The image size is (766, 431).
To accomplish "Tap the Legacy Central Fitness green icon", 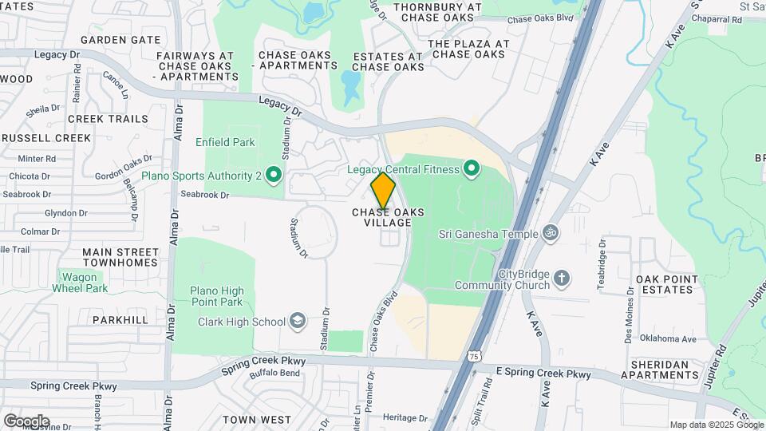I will coord(471,168).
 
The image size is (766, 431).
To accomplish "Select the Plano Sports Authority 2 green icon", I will coord(274,174).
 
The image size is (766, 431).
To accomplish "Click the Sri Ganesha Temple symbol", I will coord(548,234).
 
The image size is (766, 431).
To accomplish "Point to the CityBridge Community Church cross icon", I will coord(563,279).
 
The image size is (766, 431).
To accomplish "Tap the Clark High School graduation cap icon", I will coord(298,322).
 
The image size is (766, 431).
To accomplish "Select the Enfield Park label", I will coord(225,143).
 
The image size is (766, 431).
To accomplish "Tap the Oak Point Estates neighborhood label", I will coord(668,284).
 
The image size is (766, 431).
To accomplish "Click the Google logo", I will coord(26,421).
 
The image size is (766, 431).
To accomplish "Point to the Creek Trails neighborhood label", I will coord(108,119).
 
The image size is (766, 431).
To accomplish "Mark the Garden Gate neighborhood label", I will coord(120,39).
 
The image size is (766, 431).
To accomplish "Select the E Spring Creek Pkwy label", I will coord(543,373).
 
